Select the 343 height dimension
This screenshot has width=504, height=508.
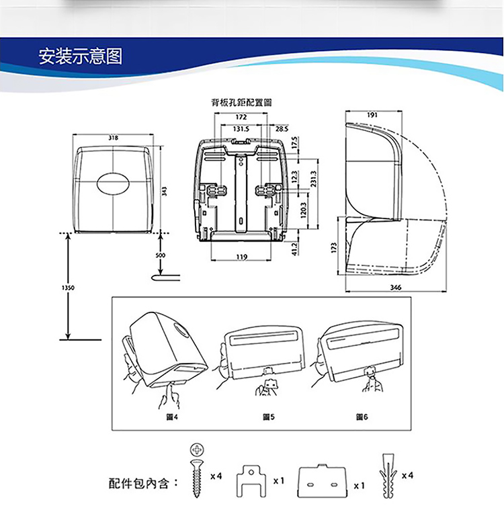[x=163, y=191]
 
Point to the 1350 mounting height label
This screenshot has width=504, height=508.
[x=68, y=287]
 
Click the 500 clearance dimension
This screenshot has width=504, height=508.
[x=160, y=255]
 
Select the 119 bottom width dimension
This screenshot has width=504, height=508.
[x=242, y=257]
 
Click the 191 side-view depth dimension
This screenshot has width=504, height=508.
[x=372, y=115]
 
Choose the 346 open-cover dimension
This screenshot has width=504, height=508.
[x=396, y=287]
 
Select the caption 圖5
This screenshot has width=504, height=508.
[x=268, y=417]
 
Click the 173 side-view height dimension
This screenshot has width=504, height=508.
[x=333, y=249]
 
